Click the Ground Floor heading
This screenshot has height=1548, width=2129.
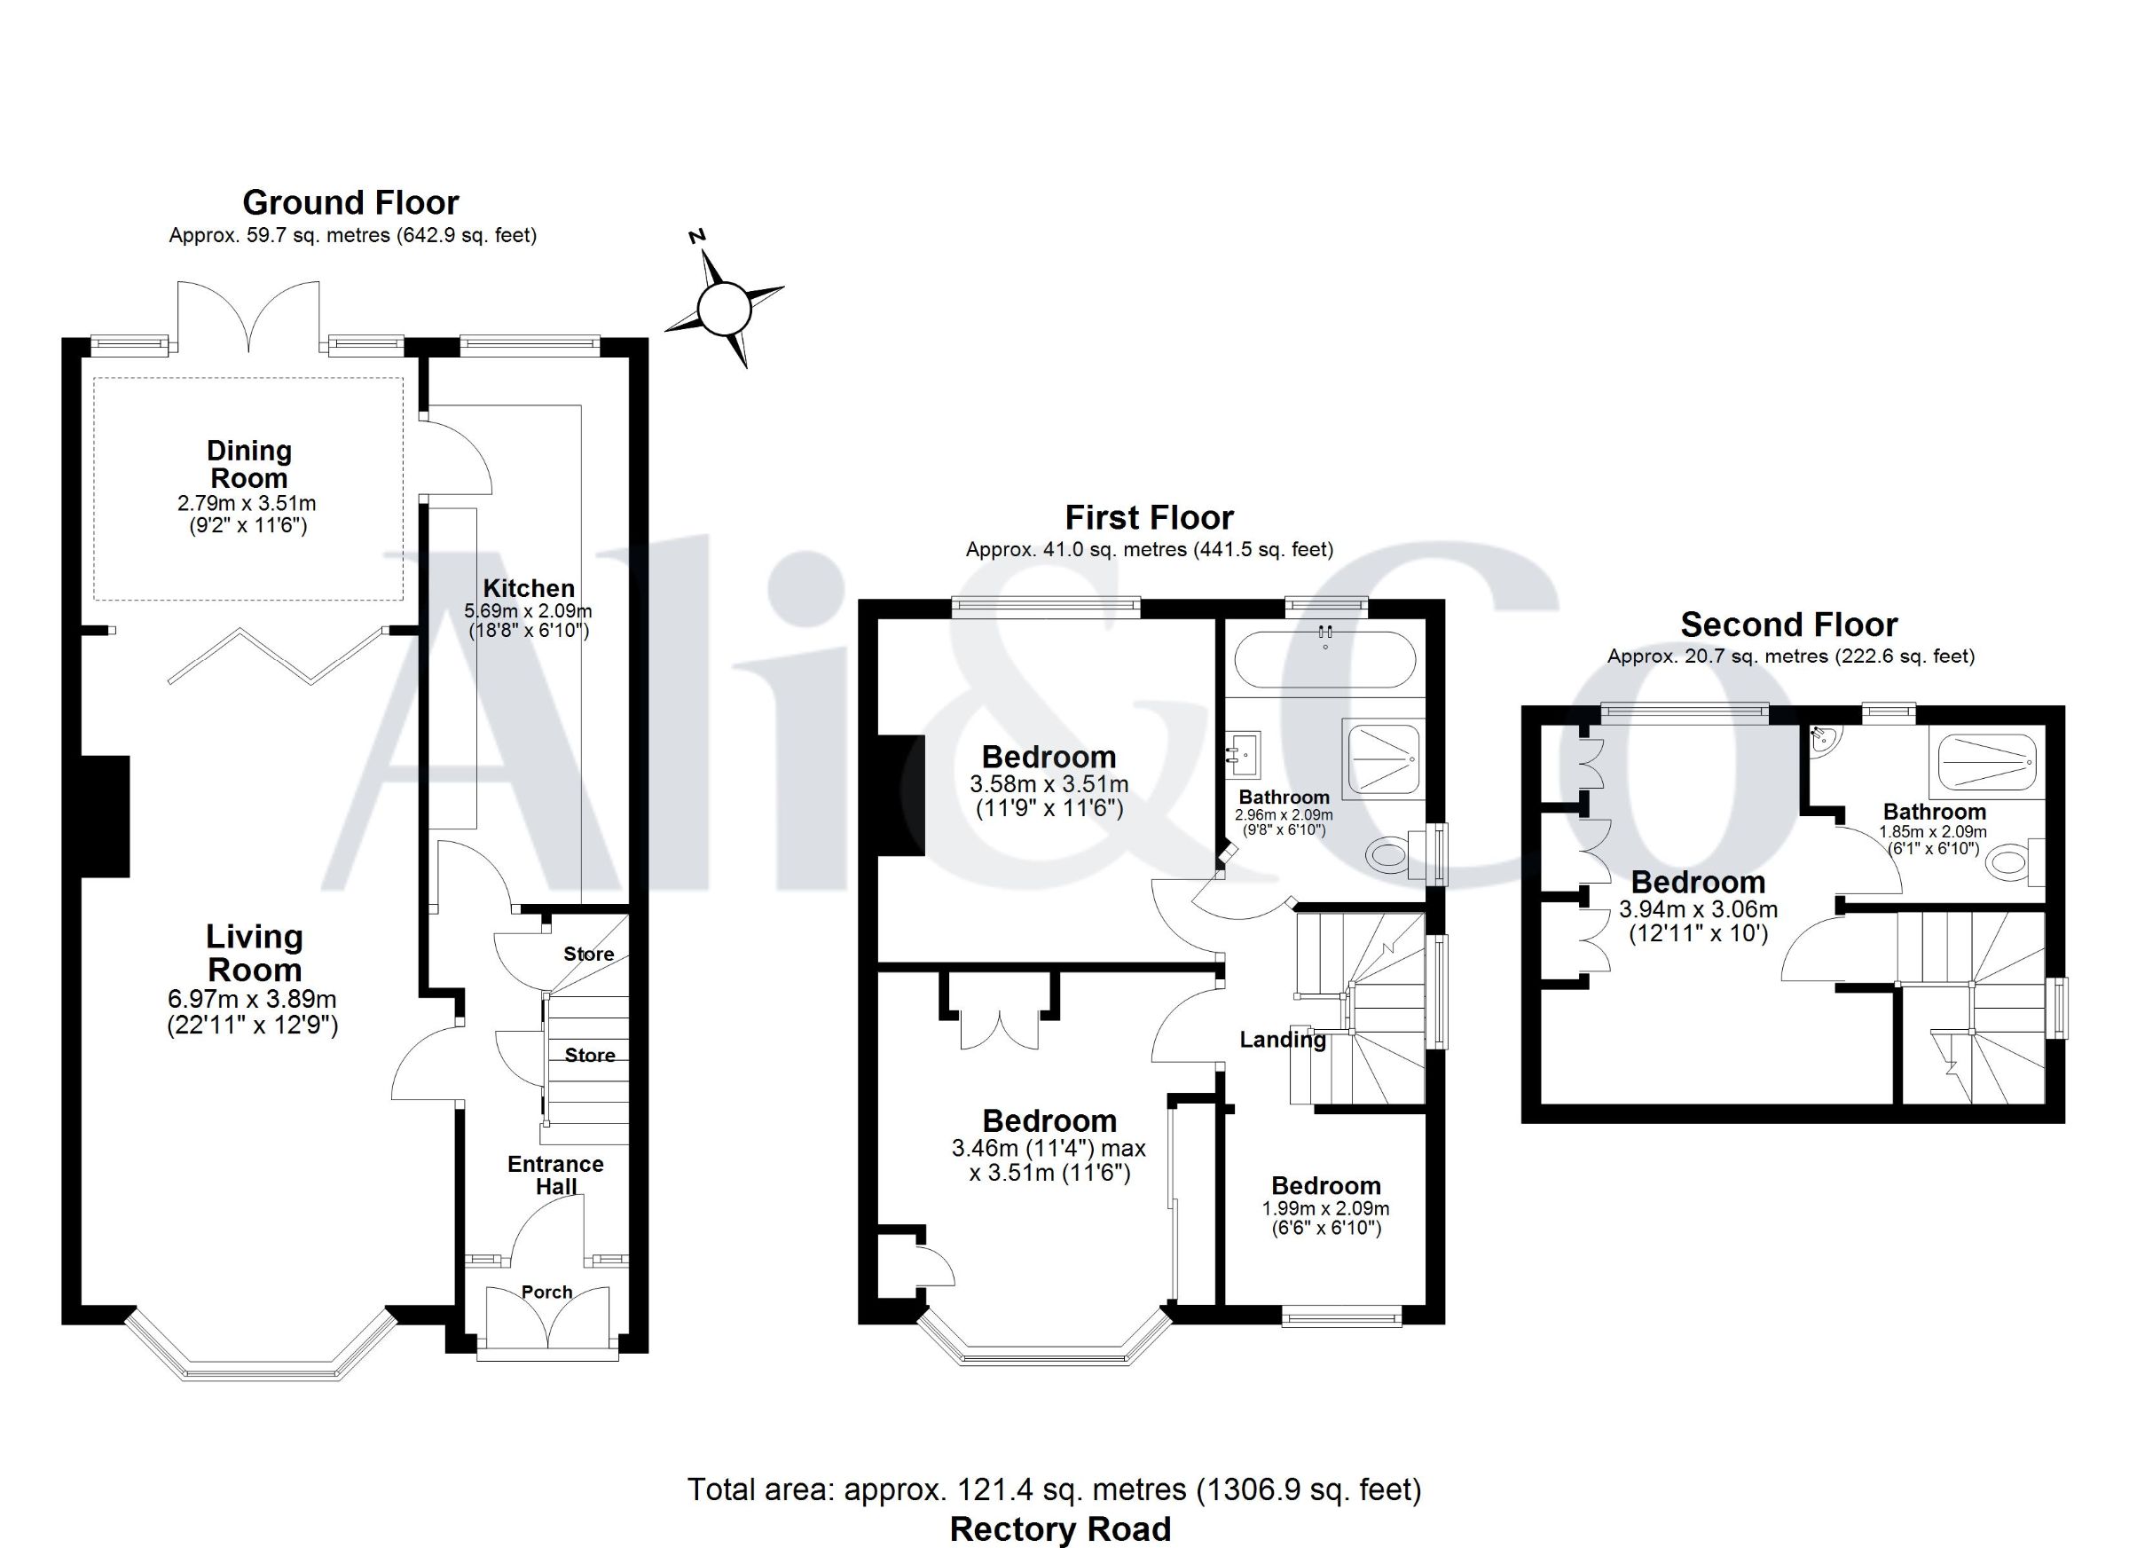[x=351, y=202]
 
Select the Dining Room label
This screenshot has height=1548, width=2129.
[x=248, y=464]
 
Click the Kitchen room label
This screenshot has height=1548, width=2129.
[x=529, y=589]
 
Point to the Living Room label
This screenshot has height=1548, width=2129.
[x=254, y=953]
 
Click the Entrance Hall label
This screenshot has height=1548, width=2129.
[x=555, y=1175]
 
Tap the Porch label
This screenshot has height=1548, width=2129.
[x=547, y=1292]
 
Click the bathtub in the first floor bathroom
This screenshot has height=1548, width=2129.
[x=1324, y=661]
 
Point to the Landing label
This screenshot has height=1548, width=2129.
[x=1283, y=1039]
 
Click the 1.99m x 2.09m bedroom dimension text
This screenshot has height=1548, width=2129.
[x=1325, y=1209]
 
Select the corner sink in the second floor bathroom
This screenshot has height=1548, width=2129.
[x=1825, y=742]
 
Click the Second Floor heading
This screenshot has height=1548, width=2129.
[x=1789, y=625]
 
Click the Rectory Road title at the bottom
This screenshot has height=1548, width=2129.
[x=1061, y=1529]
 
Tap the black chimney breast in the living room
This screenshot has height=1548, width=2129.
[x=106, y=816]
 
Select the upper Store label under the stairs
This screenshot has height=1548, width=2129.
[x=588, y=954]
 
